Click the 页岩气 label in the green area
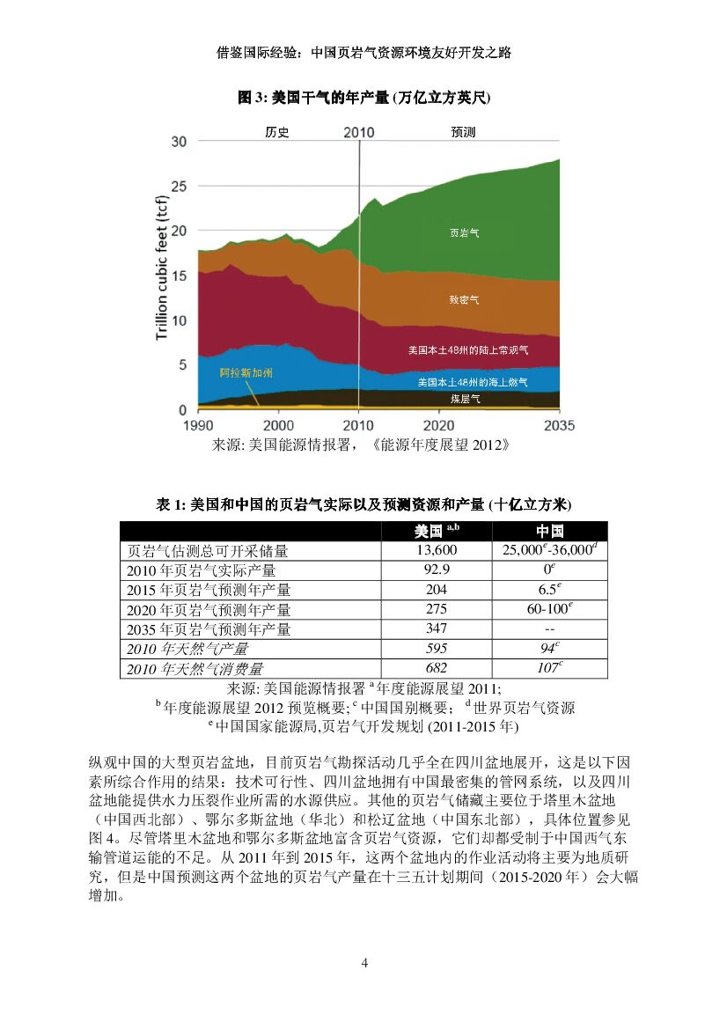tap(465, 233)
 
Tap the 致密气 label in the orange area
tap(465, 301)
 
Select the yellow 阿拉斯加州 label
tap(246, 373)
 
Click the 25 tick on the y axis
tap(179, 187)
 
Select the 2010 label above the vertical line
tap(358, 133)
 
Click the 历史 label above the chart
tap(277, 133)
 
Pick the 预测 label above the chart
tap(463, 133)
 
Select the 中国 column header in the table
tap(549, 531)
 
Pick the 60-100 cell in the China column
tap(549, 609)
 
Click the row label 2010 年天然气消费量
tap(195, 669)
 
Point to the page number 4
tap(364, 962)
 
